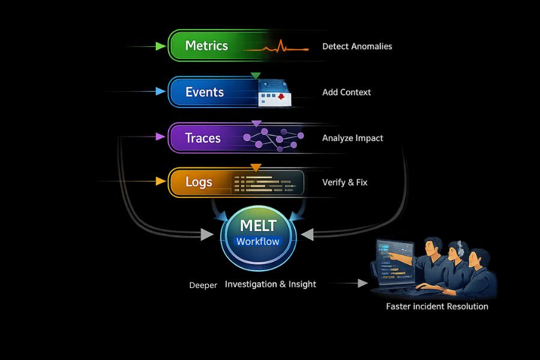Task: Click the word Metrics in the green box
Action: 206,46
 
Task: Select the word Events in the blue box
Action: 205,92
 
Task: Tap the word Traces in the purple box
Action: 203,138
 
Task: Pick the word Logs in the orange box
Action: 199,182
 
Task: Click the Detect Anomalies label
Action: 357,46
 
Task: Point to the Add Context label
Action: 346,92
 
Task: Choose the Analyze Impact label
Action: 352,138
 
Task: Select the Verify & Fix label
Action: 344,182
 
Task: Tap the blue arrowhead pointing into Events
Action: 160,92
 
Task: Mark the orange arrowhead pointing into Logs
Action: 160,181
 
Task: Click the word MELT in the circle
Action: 258,226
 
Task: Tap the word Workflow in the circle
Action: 258,242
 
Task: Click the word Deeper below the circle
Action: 203,286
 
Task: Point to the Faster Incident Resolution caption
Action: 437,307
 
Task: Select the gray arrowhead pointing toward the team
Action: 362,283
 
